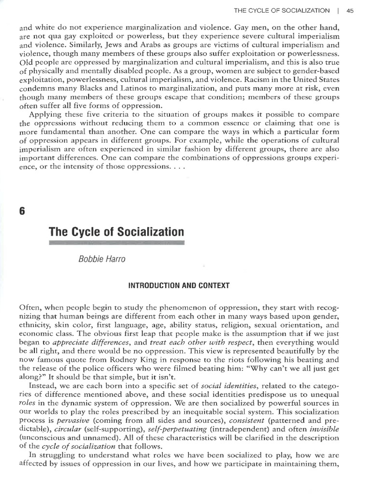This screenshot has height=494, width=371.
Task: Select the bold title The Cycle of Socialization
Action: point(116,232)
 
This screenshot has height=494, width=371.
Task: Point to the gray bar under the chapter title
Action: point(116,245)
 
